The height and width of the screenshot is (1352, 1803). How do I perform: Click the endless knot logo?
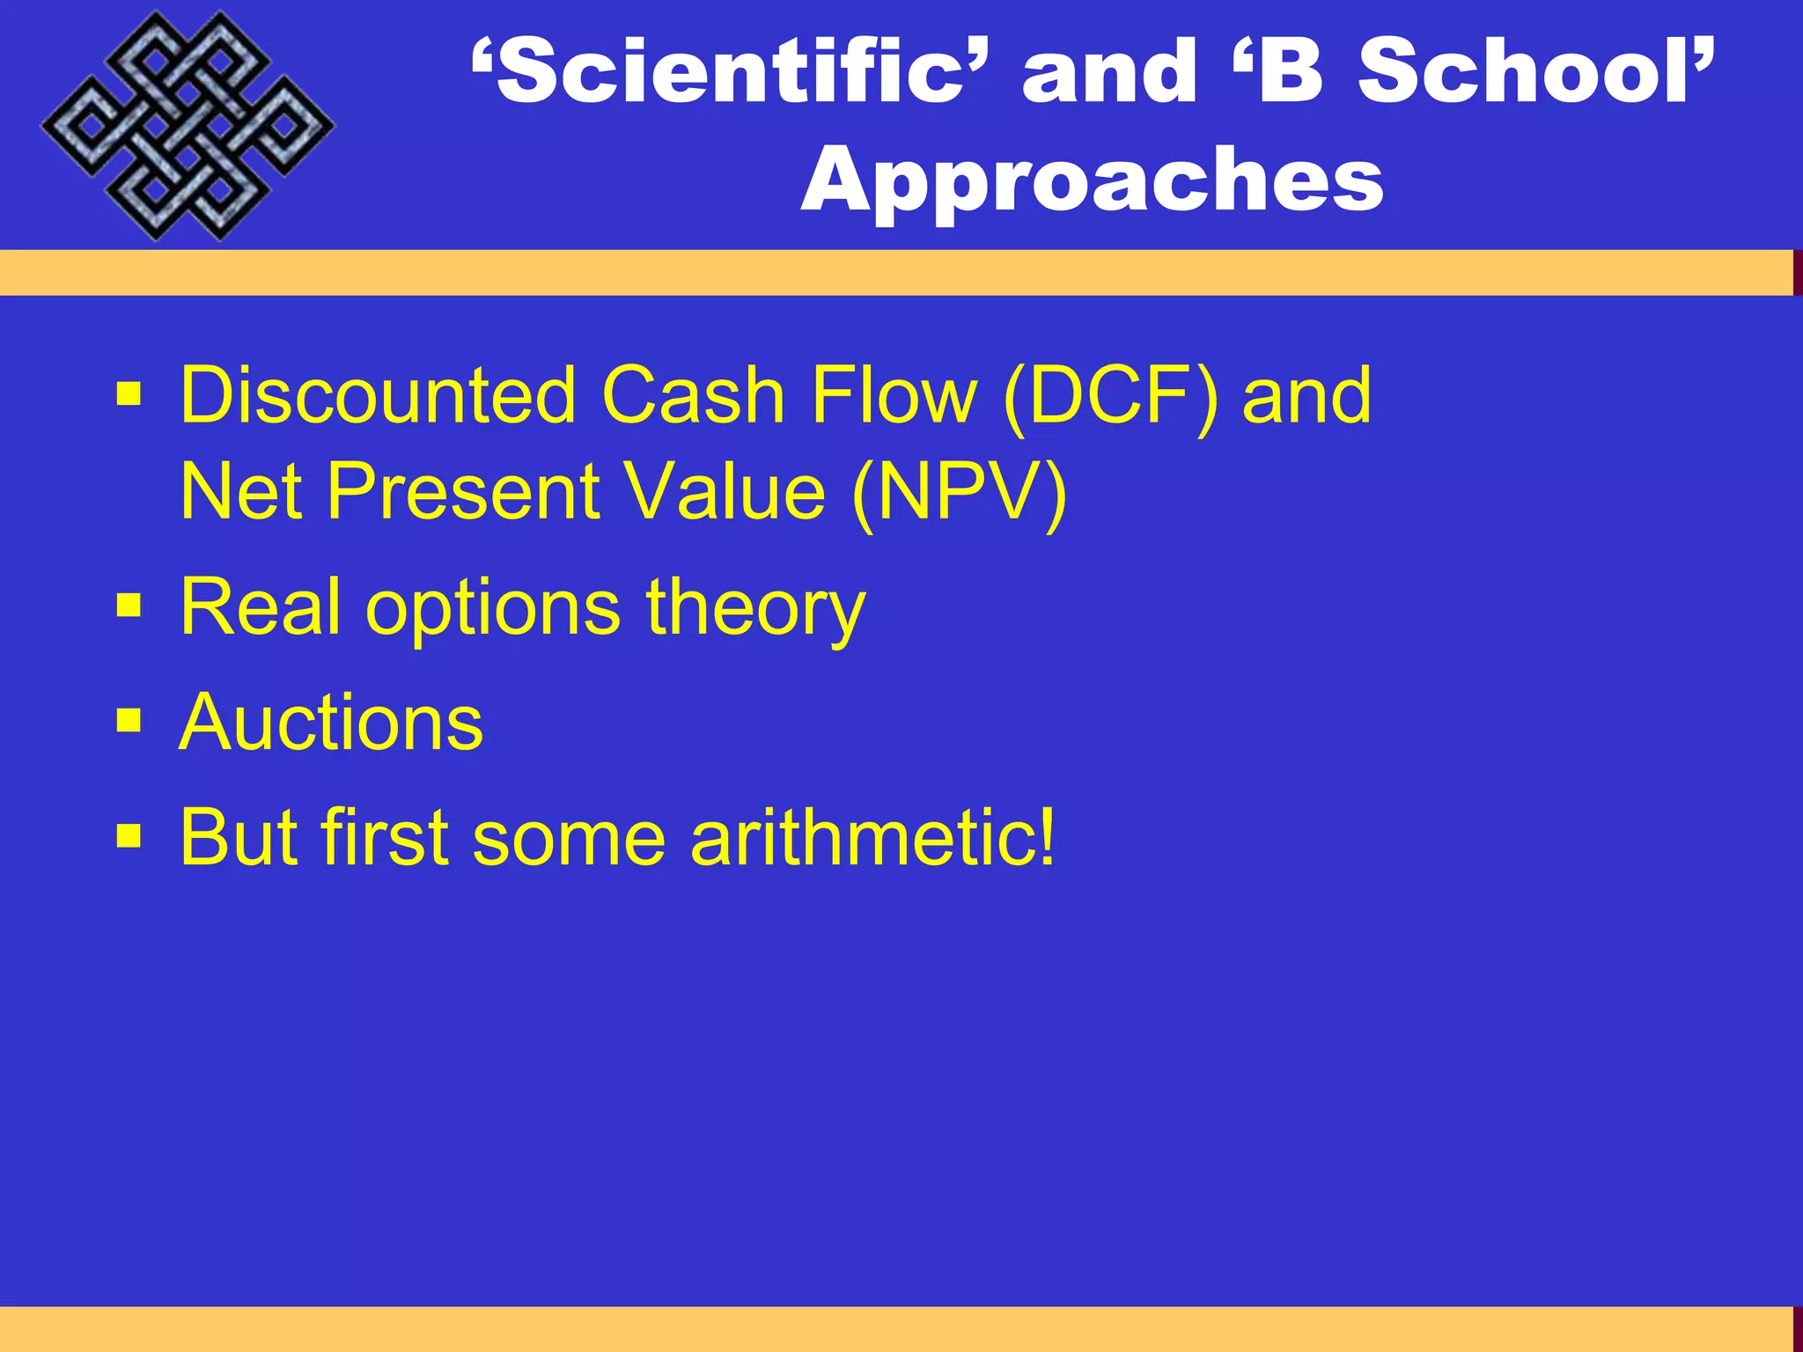point(187,126)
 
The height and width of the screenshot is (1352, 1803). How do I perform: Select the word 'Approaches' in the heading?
point(1092,180)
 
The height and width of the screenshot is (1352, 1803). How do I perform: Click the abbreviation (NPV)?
point(960,491)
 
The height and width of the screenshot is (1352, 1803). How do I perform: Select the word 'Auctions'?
point(331,722)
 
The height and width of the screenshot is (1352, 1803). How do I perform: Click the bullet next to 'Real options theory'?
point(129,606)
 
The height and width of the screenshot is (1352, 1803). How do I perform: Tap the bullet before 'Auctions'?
point(129,721)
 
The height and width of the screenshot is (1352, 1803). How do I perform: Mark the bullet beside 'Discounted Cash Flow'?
point(129,393)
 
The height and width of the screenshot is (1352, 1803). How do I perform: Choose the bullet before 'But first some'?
point(129,835)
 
